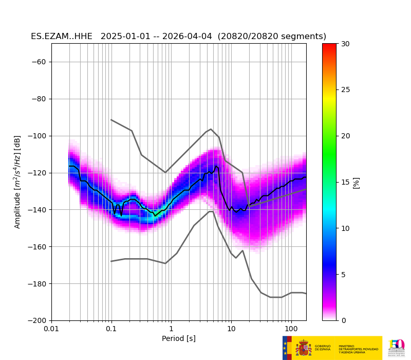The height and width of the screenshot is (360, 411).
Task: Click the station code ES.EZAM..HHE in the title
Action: [62, 37]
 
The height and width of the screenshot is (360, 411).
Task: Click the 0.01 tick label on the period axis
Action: [51, 329]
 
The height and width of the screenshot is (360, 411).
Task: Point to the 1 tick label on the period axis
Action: [171, 329]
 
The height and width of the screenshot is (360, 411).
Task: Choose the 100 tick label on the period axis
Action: [291, 329]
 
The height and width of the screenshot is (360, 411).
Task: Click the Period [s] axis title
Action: [179, 338]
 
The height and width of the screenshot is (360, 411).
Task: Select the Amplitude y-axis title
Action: [17, 182]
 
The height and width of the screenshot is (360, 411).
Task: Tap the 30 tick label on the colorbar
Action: [345, 44]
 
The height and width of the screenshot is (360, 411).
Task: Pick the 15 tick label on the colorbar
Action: [345, 182]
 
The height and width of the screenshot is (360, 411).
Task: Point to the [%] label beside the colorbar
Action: [357, 182]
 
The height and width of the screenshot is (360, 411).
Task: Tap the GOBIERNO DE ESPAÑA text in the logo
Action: [323, 348]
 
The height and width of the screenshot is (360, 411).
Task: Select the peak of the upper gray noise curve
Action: [211, 129]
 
